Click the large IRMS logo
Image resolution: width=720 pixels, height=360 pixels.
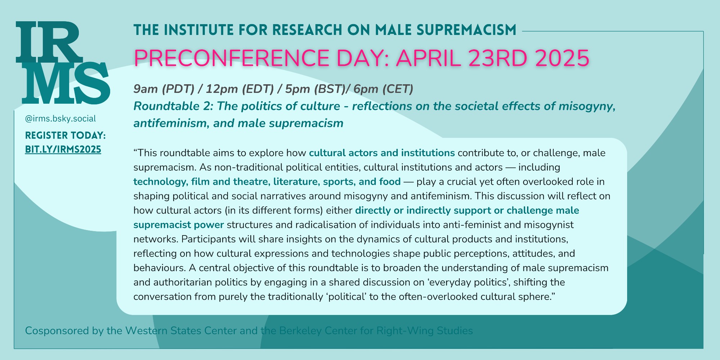tap(63, 63)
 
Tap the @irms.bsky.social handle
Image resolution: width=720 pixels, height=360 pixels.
tap(60, 119)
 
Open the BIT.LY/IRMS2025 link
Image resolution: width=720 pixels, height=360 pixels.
tap(63, 149)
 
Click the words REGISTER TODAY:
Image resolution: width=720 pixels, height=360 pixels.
tap(65, 135)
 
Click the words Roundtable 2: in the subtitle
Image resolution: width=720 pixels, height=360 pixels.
tap(167, 106)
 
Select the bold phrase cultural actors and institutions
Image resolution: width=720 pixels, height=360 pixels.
tap(382, 153)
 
